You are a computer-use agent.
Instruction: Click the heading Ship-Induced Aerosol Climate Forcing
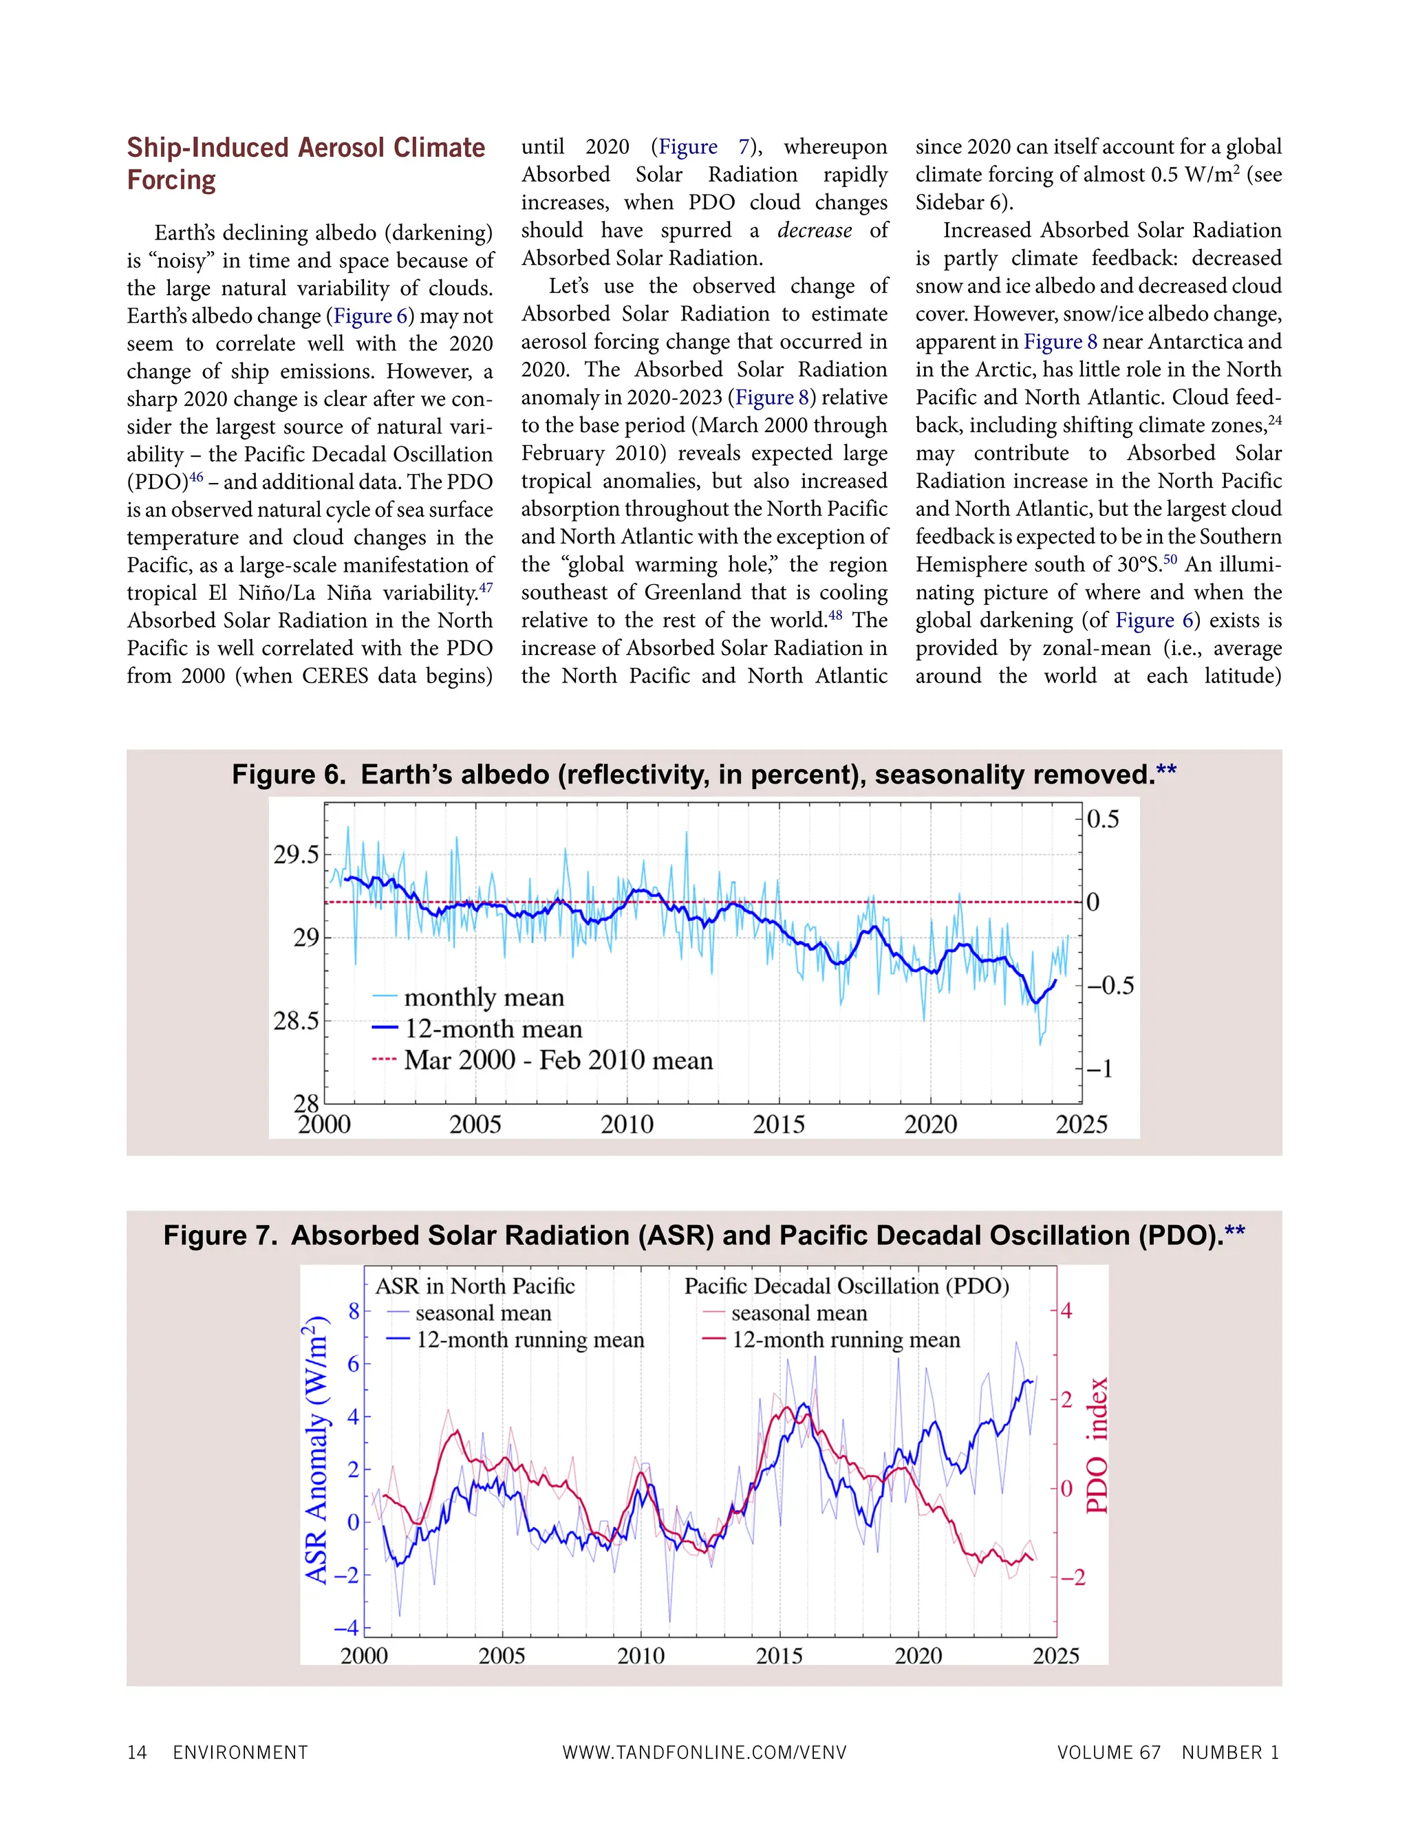point(305,164)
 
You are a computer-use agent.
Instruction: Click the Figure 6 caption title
point(704,775)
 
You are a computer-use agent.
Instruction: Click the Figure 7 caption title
point(704,1236)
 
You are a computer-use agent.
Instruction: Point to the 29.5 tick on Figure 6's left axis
point(297,854)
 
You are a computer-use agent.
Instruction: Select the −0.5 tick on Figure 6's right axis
point(1110,986)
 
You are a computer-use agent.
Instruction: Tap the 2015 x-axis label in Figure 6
point(778,1124)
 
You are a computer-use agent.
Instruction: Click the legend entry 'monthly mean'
point(484,997)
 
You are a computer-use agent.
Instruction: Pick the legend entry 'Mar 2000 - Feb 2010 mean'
point(559,1060)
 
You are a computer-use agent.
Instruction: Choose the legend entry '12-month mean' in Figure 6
point(493,1029)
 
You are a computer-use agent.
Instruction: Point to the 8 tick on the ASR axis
point(354,1311)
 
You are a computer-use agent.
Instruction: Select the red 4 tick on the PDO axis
point(1067,1310)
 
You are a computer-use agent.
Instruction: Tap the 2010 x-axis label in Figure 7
point(641,1656)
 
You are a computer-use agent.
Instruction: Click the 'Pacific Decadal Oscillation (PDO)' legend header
point(846,1286)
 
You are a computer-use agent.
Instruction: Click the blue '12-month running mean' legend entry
point(530,1339)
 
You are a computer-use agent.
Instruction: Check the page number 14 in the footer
point(137,1752)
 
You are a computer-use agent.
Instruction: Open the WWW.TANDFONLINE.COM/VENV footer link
point(704,1752)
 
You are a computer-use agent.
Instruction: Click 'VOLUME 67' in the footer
point(1108,1752)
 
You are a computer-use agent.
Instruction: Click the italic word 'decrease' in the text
point(815,230)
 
